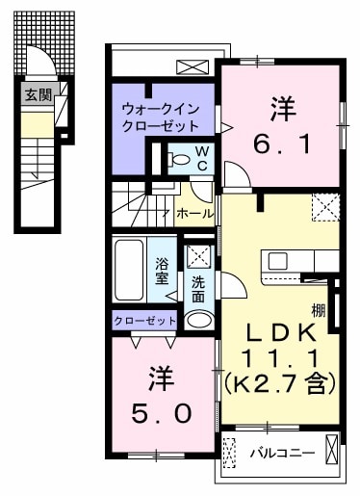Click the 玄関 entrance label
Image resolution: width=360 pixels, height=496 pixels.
click(38, 94)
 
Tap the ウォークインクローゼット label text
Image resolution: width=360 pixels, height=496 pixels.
click(160, 117)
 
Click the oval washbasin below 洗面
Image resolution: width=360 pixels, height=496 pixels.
click(198, 320)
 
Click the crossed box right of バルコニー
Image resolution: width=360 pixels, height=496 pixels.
click(332, 451)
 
